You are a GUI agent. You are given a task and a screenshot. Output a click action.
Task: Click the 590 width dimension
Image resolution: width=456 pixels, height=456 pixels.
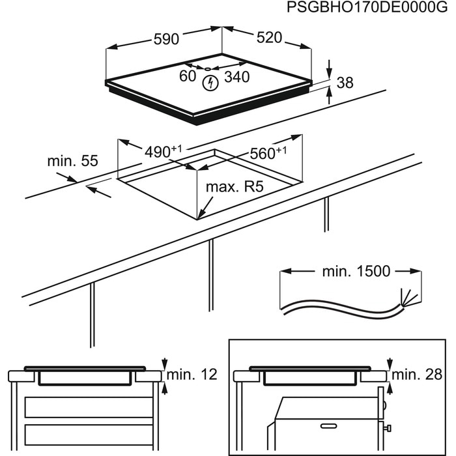[x=166, y=39]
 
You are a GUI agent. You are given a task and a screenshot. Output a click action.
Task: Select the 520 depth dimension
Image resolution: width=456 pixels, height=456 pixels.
[x=268, y=38]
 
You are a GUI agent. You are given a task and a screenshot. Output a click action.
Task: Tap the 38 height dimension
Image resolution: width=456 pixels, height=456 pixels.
[x=345, y=83]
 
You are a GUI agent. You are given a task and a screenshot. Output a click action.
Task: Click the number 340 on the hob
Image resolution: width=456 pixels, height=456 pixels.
[x=236, y=77]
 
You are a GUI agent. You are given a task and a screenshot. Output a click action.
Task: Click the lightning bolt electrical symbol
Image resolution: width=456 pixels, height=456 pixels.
[x=210, y=83]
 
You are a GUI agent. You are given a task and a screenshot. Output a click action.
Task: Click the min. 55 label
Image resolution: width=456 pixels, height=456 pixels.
[x=72, y=160]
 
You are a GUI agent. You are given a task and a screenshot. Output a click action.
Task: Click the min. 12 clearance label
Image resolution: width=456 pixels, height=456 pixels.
[x=191, y=375]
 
